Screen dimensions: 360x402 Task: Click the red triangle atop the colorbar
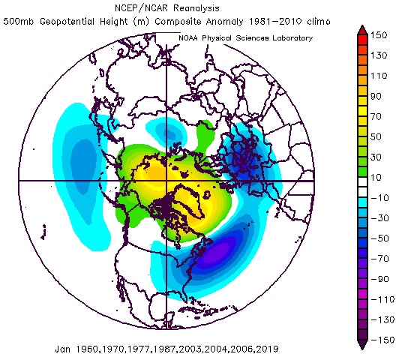tap(363, 29)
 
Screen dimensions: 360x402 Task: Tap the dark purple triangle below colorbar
tap(363, 345)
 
